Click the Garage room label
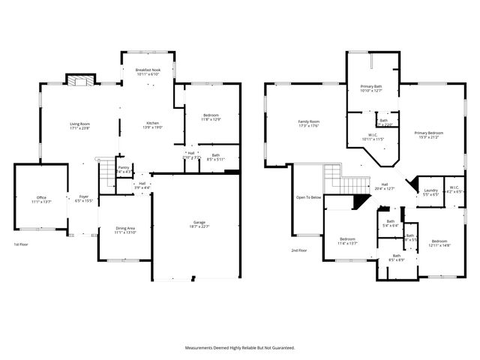point(199,223)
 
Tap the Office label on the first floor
point(37,199)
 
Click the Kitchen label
point(152,125)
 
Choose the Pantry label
point(124,169)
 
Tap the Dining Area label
point(124,230)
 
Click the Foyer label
point(83,199)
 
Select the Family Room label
point(308,124)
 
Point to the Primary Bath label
point(371,88)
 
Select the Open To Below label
point(308,197)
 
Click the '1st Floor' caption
point(22,245)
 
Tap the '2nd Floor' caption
point(298,250)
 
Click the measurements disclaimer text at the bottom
point(240,347)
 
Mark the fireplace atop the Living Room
point(79,80)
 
